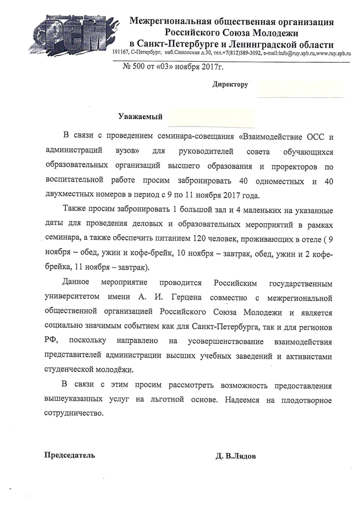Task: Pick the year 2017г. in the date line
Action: click(213, 66)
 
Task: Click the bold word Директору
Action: click(230, 84)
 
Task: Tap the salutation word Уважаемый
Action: click(140, 117)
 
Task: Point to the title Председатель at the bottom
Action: click(69, 455)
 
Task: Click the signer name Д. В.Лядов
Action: click(236, 455)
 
